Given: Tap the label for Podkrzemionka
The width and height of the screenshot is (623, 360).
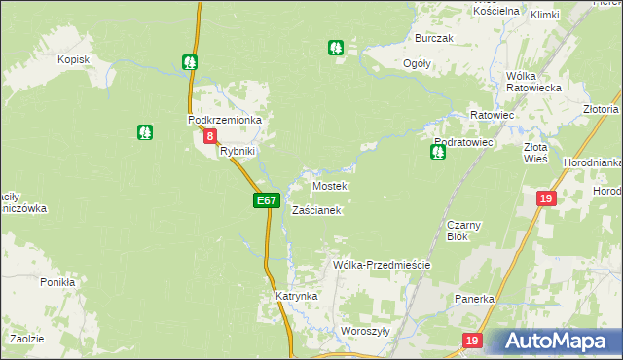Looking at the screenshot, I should tap(225, 120).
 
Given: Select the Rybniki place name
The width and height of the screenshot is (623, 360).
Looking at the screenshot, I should tap(238, 152).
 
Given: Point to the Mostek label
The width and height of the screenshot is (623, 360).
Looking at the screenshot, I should tap(329, 186).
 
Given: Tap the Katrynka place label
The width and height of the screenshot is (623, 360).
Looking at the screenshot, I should tap(296, 295).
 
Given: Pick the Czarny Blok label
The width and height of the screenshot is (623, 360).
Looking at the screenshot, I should tap(458, 231).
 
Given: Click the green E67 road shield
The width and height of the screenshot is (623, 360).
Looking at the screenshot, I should tap(267, 200).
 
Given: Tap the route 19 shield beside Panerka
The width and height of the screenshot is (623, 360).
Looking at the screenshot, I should tap(472, 341).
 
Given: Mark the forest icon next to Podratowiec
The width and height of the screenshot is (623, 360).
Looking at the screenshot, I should tap(438, 152).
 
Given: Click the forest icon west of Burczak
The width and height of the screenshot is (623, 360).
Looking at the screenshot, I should tap(336, 47).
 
